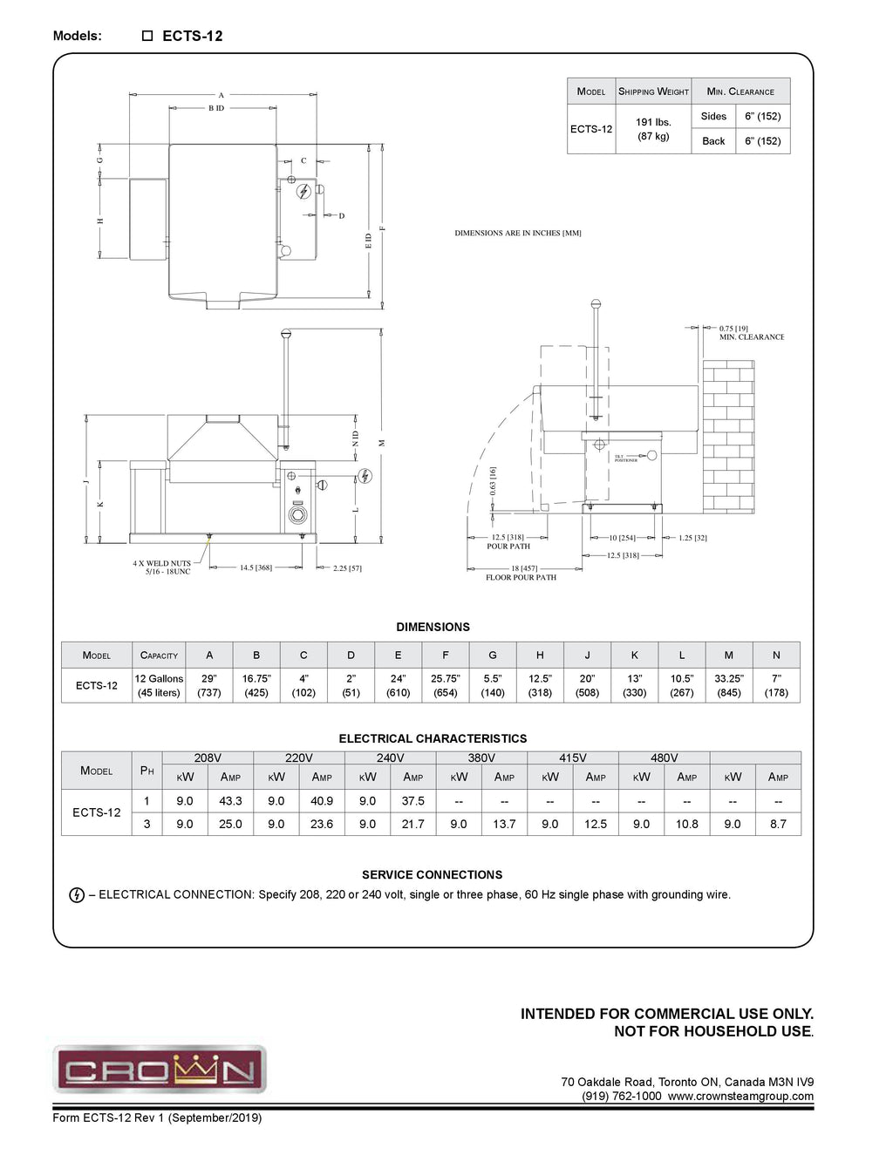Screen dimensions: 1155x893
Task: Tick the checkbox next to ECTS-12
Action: [147, 36]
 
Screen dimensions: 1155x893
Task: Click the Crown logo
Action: [160, 1069]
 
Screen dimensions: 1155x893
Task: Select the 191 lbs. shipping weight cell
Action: [653, 129]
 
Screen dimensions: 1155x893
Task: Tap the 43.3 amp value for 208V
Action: [230, 800]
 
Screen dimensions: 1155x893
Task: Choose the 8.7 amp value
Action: [778, 823]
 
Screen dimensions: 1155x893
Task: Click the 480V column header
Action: [664, 758]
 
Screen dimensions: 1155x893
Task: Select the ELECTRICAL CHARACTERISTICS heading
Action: [433, 738]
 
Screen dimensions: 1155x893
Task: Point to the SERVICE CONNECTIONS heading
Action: [433, 874]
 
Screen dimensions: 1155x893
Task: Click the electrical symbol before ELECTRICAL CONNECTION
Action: [77, 895]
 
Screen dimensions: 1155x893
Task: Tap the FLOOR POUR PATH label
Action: [521, 577]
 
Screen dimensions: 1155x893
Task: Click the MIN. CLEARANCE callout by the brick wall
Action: [751, 336]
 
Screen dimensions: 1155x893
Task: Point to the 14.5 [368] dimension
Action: [256, 567]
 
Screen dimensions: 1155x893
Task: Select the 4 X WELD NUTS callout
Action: [161, 567]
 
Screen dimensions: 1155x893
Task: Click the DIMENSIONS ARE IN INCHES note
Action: [517, 234]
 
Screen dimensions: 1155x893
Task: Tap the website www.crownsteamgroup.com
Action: [740, 1097]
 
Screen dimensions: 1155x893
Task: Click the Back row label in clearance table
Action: [713, 141]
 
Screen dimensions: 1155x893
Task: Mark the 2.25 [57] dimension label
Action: [347, 568]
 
